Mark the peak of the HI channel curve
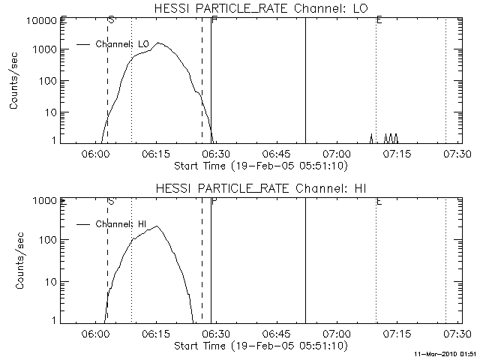coord(157,226)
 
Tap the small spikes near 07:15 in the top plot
coord(391,137)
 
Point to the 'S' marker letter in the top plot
coord(111,19)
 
